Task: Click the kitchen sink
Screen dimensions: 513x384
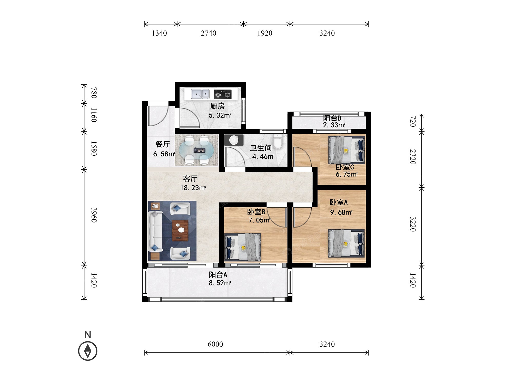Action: point(200,94)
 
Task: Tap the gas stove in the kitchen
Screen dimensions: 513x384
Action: point(223,94)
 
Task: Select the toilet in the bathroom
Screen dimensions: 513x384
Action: point(278,142)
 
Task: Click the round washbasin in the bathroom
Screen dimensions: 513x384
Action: point(234,140)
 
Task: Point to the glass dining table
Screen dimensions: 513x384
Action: point(196,150)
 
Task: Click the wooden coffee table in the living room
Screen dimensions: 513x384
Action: point(180,230)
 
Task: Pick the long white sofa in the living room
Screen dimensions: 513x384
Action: point(155,231)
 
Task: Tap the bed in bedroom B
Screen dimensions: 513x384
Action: point(243,247)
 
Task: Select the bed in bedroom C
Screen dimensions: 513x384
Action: point(347,150)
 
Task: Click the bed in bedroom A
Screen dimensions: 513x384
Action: point(346,243)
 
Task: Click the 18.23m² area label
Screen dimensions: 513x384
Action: point(193,188)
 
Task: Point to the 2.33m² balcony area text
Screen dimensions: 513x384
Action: point(334,125)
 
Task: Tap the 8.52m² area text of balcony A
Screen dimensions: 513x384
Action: point(220,283)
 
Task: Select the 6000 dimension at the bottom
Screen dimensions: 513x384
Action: point(215,344)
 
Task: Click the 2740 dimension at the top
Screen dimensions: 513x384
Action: point(208,33)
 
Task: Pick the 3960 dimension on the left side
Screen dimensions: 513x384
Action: point(94,215)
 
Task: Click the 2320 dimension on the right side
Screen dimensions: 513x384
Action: point(412,157)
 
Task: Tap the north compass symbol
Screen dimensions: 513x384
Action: point(88,350)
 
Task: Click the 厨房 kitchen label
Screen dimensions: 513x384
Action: point(217,106)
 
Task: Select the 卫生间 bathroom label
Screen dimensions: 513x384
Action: point(261,148)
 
